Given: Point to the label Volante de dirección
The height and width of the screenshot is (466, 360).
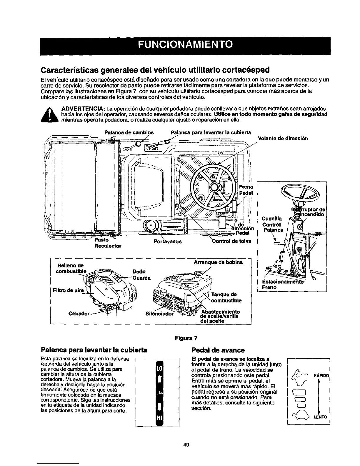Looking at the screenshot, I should pos(283,138).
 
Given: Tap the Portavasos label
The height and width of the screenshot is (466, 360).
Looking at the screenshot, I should pos(168,242).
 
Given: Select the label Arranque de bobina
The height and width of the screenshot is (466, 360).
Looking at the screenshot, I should pos(218,262).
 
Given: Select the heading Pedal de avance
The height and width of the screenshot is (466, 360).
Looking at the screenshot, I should pos(218,350).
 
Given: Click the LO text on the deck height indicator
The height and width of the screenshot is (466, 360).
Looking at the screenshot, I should pos(159,369).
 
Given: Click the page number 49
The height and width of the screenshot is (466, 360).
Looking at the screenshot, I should pos(185,445).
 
